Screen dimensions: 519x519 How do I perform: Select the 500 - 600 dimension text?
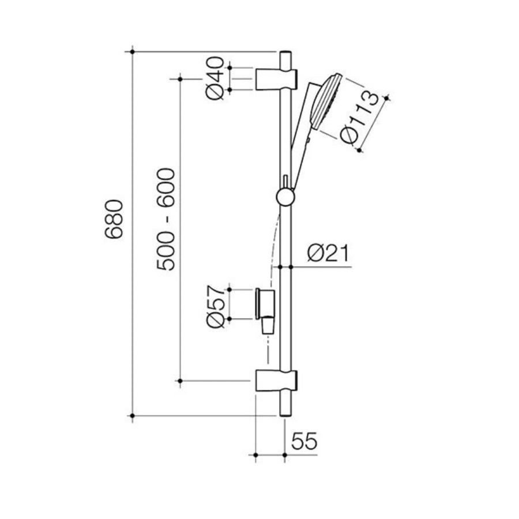(167, 219)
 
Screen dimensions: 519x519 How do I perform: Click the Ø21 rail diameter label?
(328, 253)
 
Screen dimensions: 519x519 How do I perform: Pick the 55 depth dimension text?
(304, 442)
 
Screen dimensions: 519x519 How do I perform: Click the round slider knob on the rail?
(285, 198)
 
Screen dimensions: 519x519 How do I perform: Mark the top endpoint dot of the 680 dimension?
(133, 52)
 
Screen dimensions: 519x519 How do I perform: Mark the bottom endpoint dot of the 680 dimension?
(133, 415)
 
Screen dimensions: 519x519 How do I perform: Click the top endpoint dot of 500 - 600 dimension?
(180, 78)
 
